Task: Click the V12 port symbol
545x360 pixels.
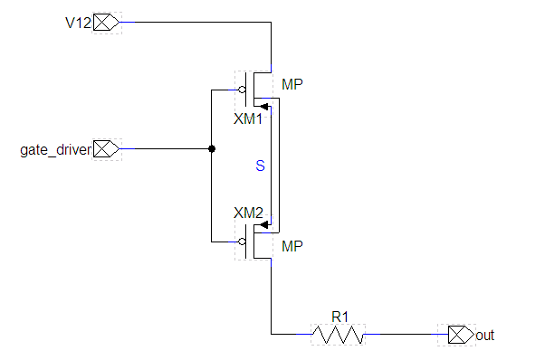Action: (x=106, y=23)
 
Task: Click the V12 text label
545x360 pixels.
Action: (x=78, y=23)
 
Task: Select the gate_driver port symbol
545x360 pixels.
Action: (x=106, y=149)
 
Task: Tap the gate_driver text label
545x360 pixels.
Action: (x=55, y=150)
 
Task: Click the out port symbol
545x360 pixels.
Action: (x=461, y=335)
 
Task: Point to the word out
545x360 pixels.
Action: (x=485, y=336)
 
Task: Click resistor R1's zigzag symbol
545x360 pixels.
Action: (x=338, y=335)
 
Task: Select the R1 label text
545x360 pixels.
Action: (x=339, y=317)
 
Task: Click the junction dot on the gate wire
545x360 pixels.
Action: (x=212, y=149)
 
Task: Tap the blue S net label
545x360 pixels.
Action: (x=261, y=166)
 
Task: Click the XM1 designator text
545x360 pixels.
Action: (x=248, y=119)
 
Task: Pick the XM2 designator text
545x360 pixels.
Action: (x=248, y=213)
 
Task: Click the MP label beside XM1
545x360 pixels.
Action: (x=292, y=84)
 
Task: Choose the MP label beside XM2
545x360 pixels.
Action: (x=292, y=246)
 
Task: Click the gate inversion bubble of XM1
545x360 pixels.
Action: (x=243, y=90)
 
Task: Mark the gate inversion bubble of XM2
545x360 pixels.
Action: (x=243, y=242)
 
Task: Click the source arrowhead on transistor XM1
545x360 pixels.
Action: (x=264, y=107)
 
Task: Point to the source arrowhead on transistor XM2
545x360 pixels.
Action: (x=264, y=225)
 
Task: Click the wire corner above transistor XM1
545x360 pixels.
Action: (x=271, y=23)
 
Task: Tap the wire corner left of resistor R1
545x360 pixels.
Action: (x=271, y=335)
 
